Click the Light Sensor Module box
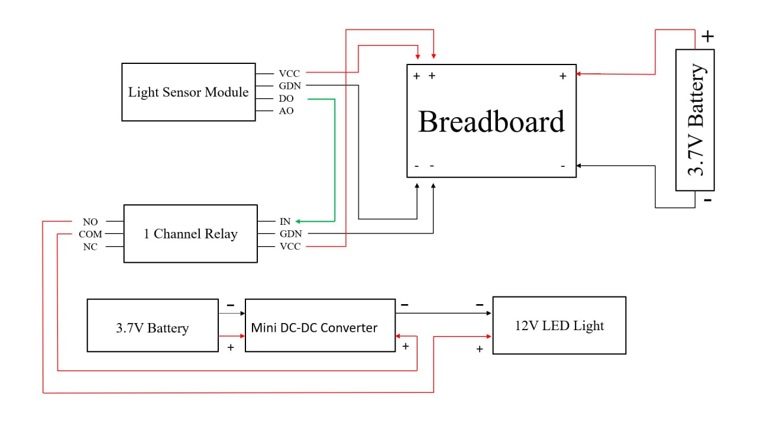tap(189, 92)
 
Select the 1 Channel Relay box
tap(190, 234)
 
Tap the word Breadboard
tap(491, 121)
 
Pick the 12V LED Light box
tap(559, 325)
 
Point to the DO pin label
tap(286, 99)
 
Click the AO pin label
tap(286, 111)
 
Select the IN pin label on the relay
tap(285, 222)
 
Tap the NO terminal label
tap(90, 222)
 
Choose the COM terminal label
tap(90, 234)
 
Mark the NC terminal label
tap(90, 247)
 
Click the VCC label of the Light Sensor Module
tap(289, 74)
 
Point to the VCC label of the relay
tap(289, 247)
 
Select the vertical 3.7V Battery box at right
tap(695, 120)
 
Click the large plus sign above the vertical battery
tap(708, 37)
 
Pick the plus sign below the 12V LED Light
tap(480, 349)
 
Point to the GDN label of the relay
tap(290, 234)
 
